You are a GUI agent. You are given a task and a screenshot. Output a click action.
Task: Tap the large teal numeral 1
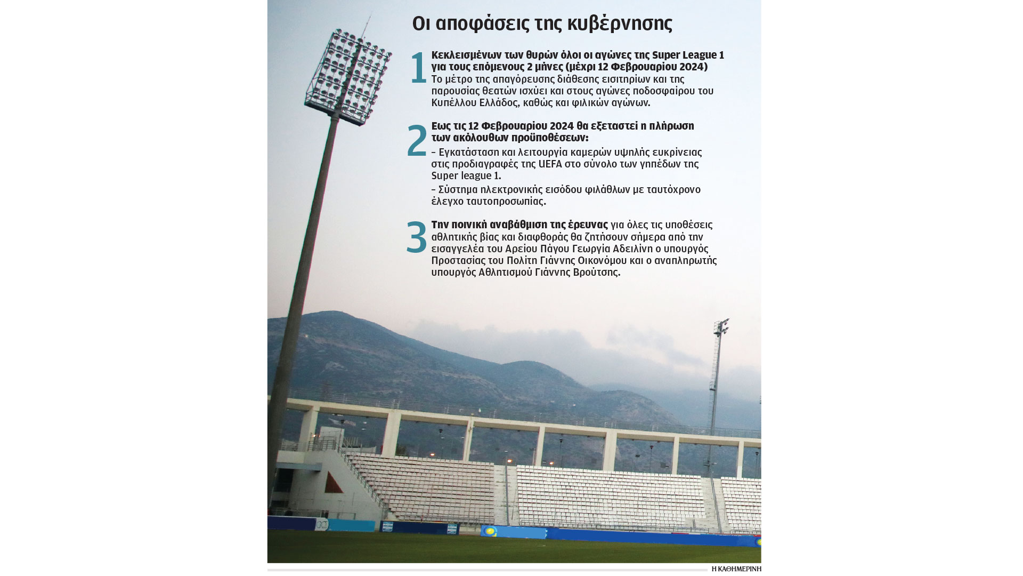tap(419, 68)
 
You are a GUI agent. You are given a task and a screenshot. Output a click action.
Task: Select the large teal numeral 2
tap(417, 140)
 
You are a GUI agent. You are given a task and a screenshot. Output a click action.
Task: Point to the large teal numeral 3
tap(417, 237)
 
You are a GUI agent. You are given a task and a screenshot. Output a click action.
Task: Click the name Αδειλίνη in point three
tap(632, 249)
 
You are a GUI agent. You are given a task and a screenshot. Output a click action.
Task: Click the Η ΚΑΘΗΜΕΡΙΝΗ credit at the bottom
tap(736, 569)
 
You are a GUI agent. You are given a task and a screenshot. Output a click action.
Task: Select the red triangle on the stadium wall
tap(333, 483)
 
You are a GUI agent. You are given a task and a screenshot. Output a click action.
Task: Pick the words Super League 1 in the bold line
tap(688, 55)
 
